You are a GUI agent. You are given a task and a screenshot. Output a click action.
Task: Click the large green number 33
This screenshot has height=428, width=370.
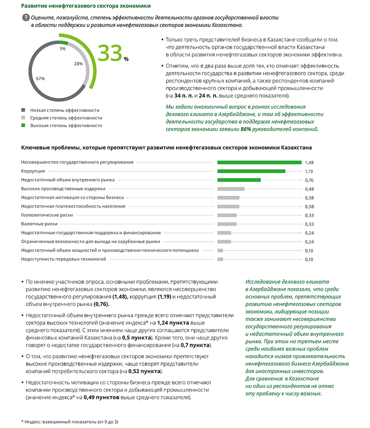click(x=110, y=54)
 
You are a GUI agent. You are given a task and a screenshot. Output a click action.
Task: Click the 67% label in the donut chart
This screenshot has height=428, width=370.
click(x=40, y=79)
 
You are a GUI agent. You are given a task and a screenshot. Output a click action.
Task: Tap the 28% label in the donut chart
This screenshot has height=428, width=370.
click(x=78, y=64)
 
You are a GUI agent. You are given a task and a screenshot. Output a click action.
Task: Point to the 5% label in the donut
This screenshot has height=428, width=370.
click(x=63, y=49)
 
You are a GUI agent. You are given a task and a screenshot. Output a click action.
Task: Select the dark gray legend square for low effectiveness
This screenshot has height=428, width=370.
click(x=23, y=110)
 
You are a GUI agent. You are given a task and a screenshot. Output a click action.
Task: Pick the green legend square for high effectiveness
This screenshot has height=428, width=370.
click(x=23, y=125)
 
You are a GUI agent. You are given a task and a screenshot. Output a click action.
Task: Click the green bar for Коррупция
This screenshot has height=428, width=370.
click(x=251, y=171)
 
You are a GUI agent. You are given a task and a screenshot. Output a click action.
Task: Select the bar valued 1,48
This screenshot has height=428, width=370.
click(x=259, y=162)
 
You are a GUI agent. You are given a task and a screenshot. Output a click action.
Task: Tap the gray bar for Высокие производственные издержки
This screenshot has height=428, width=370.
click(x=231, y=189)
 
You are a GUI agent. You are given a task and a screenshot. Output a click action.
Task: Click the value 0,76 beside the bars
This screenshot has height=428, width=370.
click(x=309, y=180)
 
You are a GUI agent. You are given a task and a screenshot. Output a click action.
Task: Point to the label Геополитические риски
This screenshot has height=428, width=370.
click(x=47, y=215)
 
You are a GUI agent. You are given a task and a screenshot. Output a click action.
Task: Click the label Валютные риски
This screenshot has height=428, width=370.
click(x=39, y=224)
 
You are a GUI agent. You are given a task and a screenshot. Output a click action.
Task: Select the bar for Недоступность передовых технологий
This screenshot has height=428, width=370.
click(x=220, y=259)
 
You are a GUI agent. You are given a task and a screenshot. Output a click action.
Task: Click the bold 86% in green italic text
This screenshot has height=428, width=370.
click(x=245, y=129)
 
